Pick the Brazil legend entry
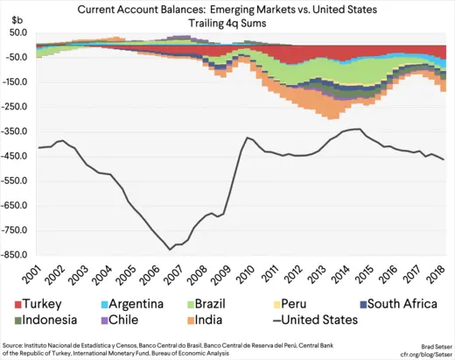[237, 303]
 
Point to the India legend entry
[227, 320]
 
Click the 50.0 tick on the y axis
[19, 32]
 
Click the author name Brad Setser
[428, 344]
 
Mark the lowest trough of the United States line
[170, 250]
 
